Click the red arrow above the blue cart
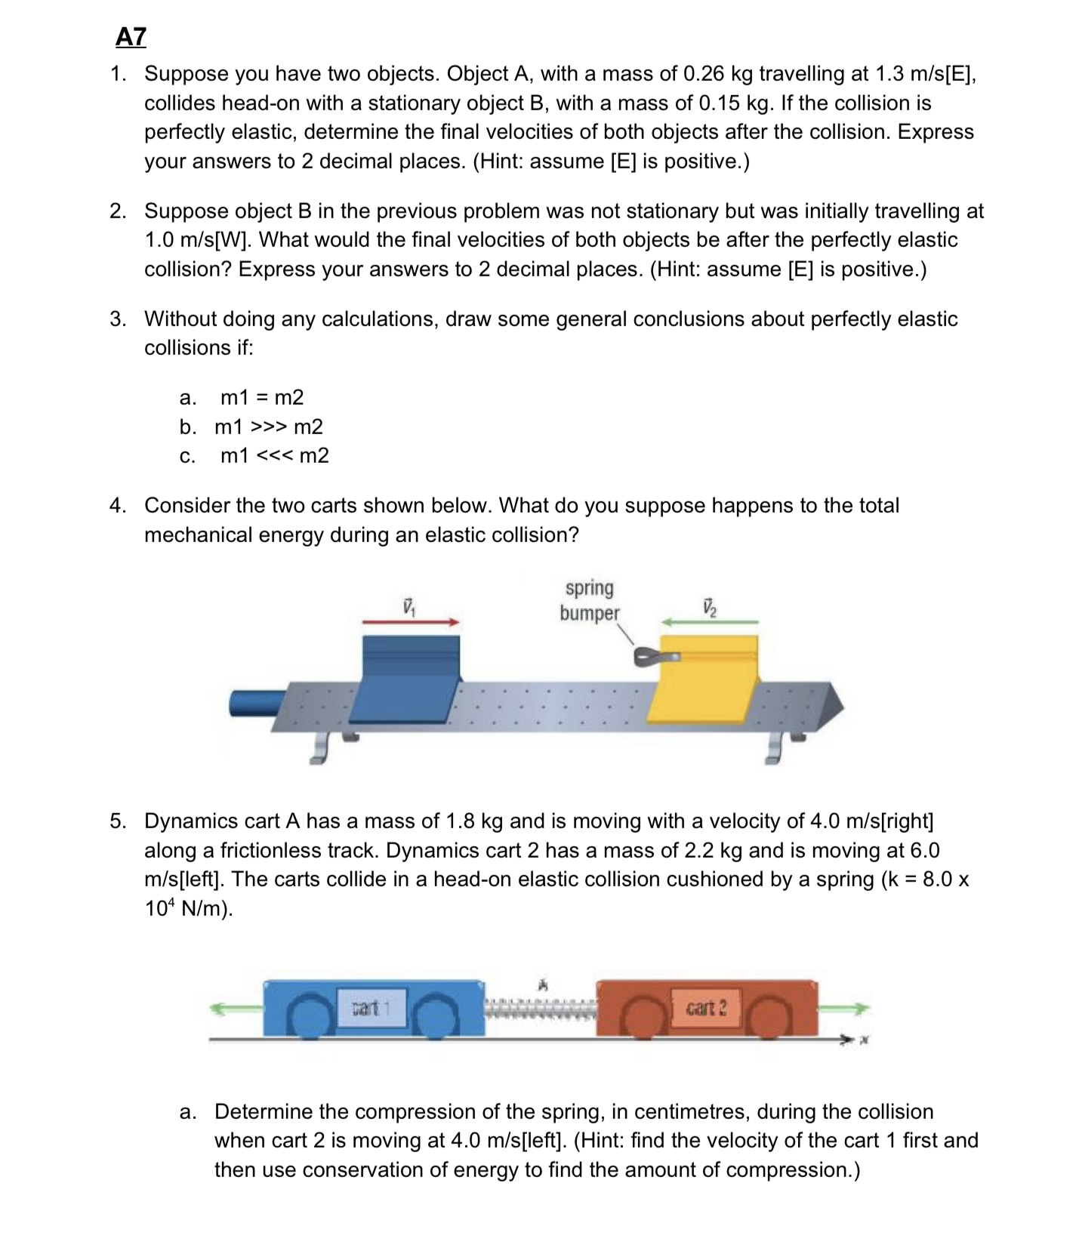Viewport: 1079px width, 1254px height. coord(411,621)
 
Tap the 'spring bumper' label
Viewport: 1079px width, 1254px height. coord(589,600)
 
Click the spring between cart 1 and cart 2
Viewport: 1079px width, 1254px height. coord(541,1007)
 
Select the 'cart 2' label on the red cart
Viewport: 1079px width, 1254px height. coord(706,1008)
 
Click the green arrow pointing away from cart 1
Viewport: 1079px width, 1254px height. coord(236,1008)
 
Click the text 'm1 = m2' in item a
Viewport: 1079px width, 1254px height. coord(262,397)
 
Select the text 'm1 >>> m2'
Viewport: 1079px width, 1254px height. coord(269,427)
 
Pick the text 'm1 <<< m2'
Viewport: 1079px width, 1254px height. coord(275,456)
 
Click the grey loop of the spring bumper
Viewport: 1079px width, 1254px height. coord(649,658)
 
